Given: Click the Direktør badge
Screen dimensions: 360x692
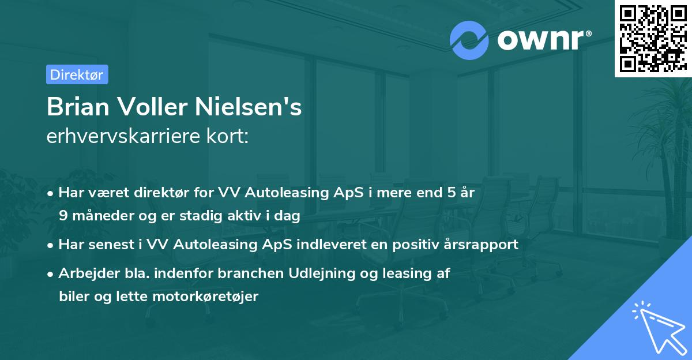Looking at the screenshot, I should pyautogui.click(x=77, y=74).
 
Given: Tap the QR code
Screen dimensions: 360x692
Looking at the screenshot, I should pyautogui.click(x=650, y=38).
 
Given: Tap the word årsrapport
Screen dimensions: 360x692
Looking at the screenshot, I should pyautogui.click(x=479, y=245).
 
